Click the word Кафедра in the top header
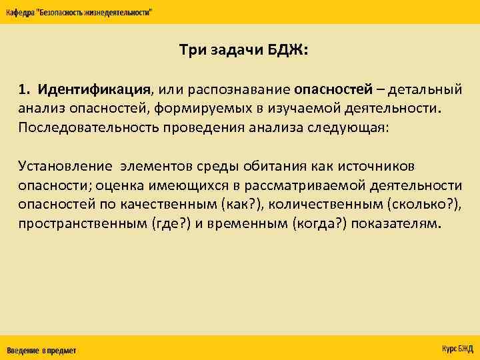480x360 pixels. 21,13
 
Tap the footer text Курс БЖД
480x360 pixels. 457,349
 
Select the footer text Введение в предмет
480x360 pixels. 41,350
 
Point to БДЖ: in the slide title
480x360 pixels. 288,51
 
